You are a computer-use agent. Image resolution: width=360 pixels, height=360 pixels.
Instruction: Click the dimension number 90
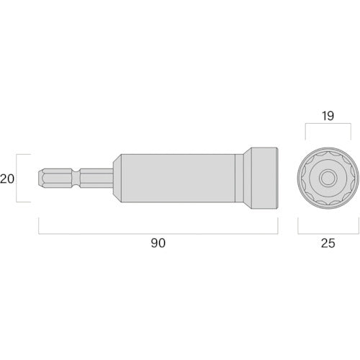pos(158,243)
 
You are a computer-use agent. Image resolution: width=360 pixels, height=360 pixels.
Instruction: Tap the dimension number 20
pos(7,179)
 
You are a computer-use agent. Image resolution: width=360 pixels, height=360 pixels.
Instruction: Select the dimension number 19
pos(328,116)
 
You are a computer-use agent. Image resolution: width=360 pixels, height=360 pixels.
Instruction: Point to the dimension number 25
pos(328,243)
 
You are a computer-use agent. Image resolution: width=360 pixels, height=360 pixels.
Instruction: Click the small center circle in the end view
pos(328,178)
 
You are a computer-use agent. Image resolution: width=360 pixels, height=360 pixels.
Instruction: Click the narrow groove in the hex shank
pos(76,178)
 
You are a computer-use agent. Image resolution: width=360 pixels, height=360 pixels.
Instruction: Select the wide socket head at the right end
pos(264,178)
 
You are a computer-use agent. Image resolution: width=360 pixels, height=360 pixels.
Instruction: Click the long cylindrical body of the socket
pos(178,178)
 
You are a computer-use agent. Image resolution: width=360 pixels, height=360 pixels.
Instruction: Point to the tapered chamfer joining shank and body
pos(117,178)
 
